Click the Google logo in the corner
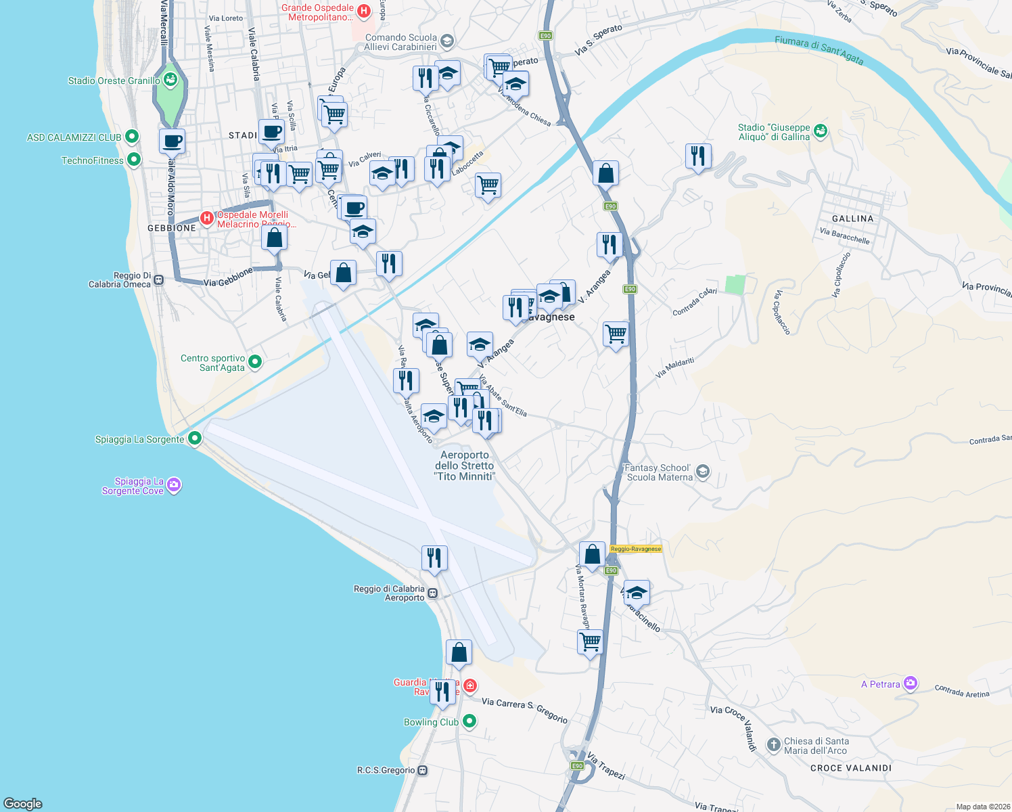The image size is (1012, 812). tap(23, 803)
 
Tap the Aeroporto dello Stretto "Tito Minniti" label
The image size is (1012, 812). tap(465, 466)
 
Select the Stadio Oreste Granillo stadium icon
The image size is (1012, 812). tap(170, 81)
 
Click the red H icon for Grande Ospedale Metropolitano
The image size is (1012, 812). tap(364, 11)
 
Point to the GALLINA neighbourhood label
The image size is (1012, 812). tap(852, 219)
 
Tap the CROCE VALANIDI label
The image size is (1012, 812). tap(851, 768)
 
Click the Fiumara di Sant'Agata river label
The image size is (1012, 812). tap(819, 50)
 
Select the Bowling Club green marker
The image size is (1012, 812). tap(469, 721)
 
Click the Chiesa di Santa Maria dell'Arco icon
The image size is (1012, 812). tap(773, 745)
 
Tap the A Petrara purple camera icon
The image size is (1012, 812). tap(911, 683)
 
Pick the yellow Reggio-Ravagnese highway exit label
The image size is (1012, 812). tap(635, 549)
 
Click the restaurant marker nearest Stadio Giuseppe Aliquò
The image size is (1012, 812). tap(697, 156)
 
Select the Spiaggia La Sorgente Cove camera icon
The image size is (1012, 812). tap(174, 485)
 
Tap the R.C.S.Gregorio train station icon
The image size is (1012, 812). tap(423, 770)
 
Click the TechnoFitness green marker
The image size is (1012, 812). tap(134, 160)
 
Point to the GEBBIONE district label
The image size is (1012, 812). tap(172, 228)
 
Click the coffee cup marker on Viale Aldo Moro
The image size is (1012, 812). tap(172, 141)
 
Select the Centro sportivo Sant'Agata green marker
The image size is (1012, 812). tap(255, 362)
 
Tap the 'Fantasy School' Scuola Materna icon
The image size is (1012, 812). tap(703, 472)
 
